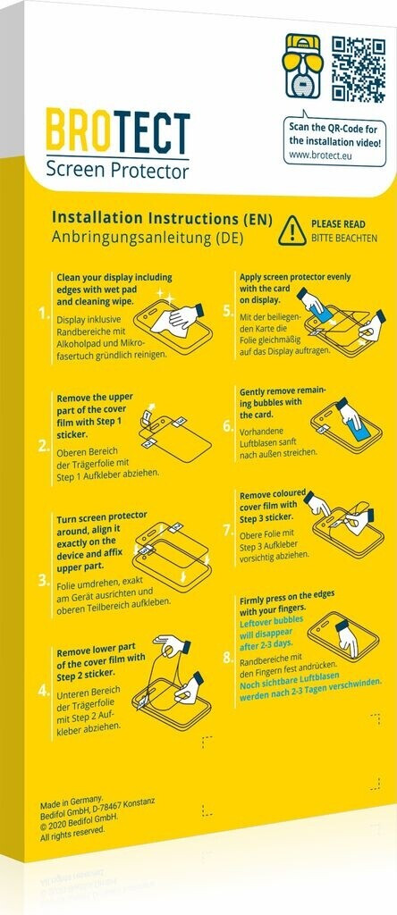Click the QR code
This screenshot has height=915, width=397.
tap(358, 70)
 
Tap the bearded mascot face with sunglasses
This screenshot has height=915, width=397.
tap(303, 65)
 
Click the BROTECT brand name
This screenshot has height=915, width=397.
tap(117, 133)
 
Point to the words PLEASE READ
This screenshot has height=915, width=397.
tap(338, 224)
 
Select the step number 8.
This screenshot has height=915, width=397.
tap(228, 659)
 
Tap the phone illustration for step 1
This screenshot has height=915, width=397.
tap(173, 324)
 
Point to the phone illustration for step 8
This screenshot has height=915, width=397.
tap(343, 637)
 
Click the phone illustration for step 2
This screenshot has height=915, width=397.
tap(175, 436)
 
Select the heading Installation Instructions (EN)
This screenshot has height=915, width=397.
tap(163, 218)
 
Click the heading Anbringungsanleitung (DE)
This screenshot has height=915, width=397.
tap(148, 238)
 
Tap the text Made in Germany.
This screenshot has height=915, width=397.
tap(72, 799)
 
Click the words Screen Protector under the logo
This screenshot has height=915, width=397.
tap(117, 171)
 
